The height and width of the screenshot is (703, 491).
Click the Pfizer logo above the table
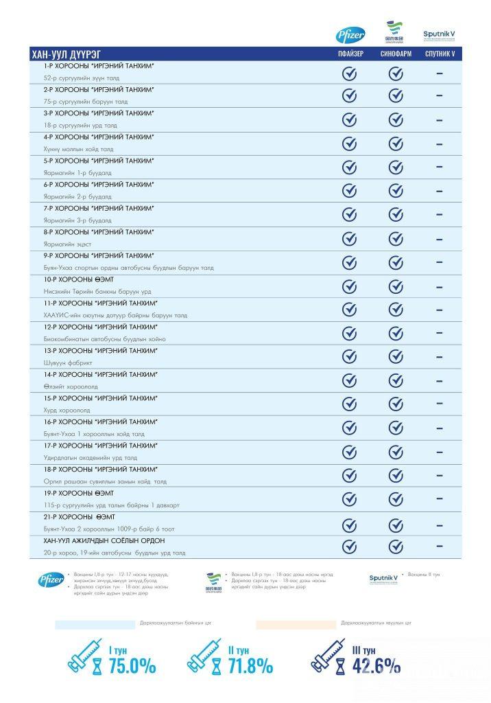tap(350, 35)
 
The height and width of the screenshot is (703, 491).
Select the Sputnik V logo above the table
tap(439, 34)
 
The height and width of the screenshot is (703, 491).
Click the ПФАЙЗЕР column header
tap(350, 54)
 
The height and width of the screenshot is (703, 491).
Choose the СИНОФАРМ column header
tap(396, 54)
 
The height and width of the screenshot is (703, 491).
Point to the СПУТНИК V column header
tap(439, 54)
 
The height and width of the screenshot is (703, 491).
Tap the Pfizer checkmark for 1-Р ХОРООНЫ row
tap(350, 73)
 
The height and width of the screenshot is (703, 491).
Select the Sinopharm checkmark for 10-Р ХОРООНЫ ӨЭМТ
tap(396, 286)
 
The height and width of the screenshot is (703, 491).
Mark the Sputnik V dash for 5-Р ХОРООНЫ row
tap(439, 167)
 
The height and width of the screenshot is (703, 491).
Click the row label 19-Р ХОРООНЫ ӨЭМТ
tap(79, 493)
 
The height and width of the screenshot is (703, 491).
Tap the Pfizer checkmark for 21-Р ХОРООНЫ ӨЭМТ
tap(350, 523)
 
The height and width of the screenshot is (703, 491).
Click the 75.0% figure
tap(132, 665)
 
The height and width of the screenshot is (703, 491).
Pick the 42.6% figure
tap(376, 665)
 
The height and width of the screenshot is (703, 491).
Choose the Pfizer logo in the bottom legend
tap(51, 580)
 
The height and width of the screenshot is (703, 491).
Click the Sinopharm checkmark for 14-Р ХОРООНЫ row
tap(396, 381)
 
